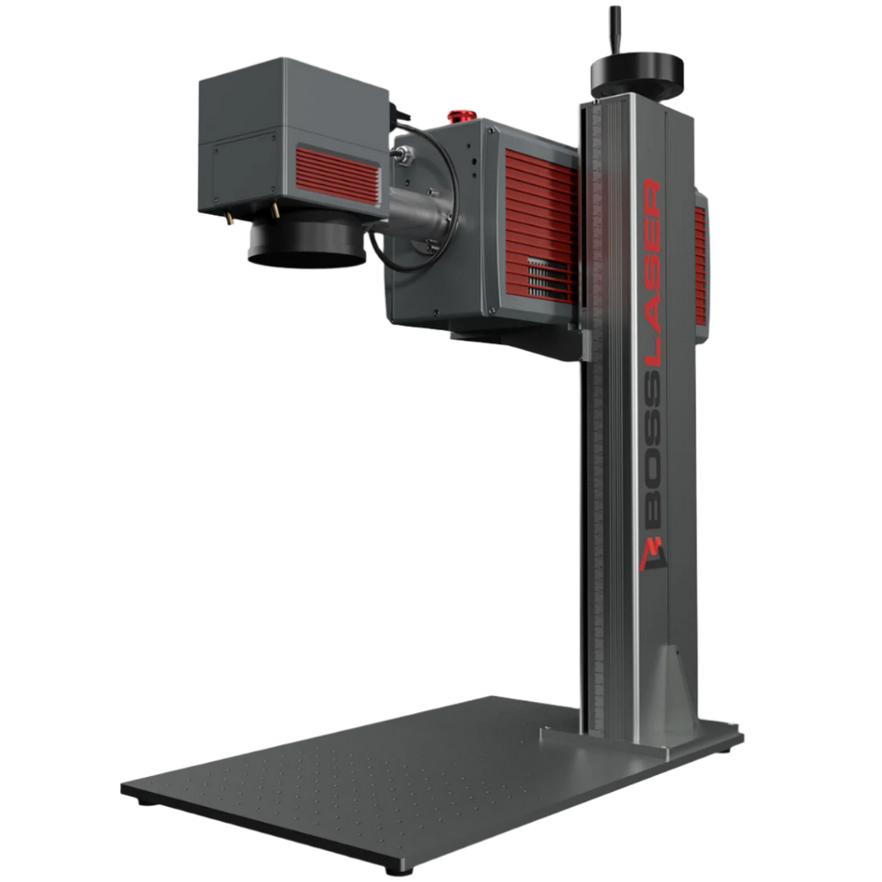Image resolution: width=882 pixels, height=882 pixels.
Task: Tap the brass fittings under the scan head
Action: tap(228, 218)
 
